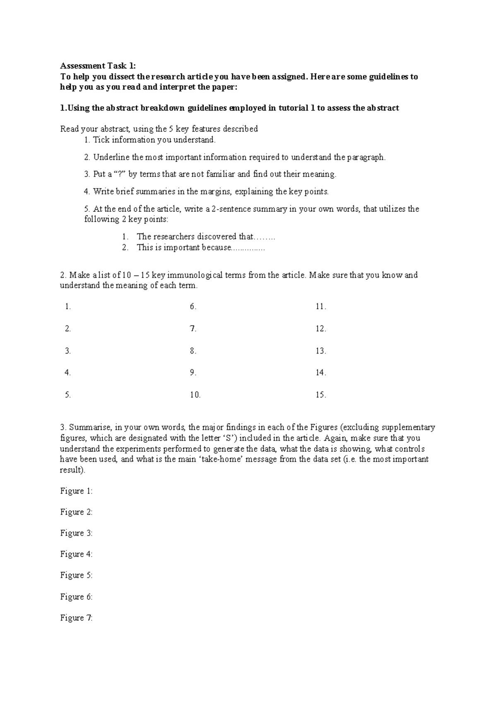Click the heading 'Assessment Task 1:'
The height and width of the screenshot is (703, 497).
pyautogui.click(x=97, y=65)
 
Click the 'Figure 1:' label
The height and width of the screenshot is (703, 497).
pyautogui.click(x=76, y=491)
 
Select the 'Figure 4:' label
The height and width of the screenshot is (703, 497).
pyautogui.click(x=76, y=554)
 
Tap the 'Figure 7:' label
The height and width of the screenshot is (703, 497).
pyautogui.click(x=76, y=618)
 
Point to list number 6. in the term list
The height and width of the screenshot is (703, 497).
pyautogui.click(x=193, y=307)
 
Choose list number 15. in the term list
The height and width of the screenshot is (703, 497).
pyautogui.click(x=321, y=395)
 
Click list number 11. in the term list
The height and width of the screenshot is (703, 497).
pyautogui.click(x=321, y=307)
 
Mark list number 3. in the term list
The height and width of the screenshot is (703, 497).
pyautogui.click(x=68, y=351)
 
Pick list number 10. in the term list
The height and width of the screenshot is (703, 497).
pyautogui.click(x=195, y=395)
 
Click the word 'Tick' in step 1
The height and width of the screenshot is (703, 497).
pyautogui.click(x=101, y=140)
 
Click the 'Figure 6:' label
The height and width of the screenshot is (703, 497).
pyautogui.click(x=76, y=597)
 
